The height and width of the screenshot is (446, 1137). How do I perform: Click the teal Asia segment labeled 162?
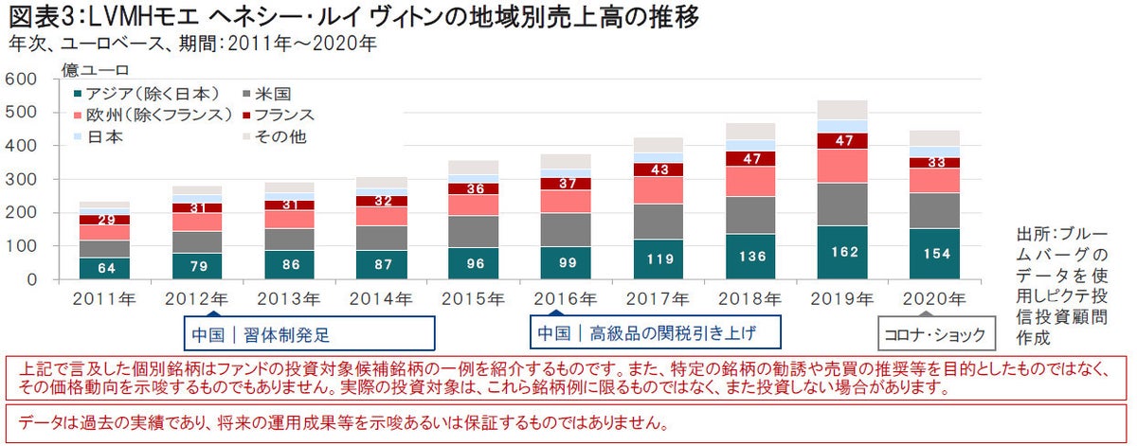click(x=842, y=253)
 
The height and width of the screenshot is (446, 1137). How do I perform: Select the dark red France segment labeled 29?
click(x=104, y=220)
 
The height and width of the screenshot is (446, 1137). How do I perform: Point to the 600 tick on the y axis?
click(x=22, y=80)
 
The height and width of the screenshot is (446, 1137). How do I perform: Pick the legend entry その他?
click(x=280, y=136)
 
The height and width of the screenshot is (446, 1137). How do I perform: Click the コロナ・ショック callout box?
click(x=934, y=334)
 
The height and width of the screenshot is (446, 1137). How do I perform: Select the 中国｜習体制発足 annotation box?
click(x=308, y=333)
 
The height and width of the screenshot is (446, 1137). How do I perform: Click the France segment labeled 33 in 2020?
click(x=934, y=162)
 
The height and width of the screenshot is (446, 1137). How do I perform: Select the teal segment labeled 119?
click(x=658, y=259)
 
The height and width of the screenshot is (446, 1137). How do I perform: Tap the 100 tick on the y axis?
click(x=22, y=246)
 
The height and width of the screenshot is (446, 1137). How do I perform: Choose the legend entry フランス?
click(x=287, y=115)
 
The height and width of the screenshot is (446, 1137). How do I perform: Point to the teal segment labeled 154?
click(x=934, y=255)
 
